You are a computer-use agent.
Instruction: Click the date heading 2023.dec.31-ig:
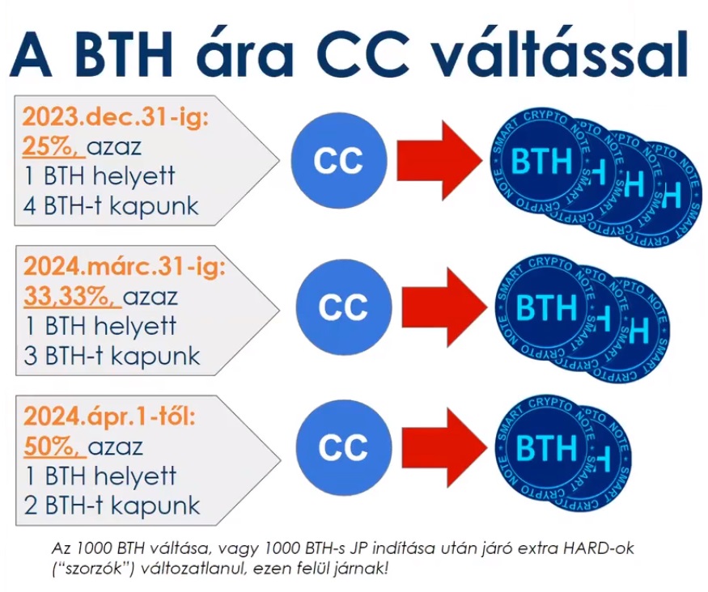pos(116,117)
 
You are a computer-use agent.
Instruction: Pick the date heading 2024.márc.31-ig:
pos(124,267)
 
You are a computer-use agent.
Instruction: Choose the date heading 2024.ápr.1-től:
pos(110,416)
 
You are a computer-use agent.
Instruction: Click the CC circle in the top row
pos(339,160)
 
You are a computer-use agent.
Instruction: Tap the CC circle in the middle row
pos(344,308)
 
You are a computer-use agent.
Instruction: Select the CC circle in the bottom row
pos(344,447)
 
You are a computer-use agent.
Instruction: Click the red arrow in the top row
pos(440,160)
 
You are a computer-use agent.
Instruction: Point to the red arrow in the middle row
pos(445,307)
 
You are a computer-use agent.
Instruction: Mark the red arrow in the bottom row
pos(445,447)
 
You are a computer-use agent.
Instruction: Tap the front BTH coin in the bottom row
pos(546,448)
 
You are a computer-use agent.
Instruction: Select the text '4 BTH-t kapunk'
pos(111,206)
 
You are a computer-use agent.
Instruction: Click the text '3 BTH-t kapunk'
pos(112,356)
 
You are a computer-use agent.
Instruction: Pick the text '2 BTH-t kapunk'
pos(112,505)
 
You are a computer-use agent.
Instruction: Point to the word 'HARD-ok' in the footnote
pos(599,548)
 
